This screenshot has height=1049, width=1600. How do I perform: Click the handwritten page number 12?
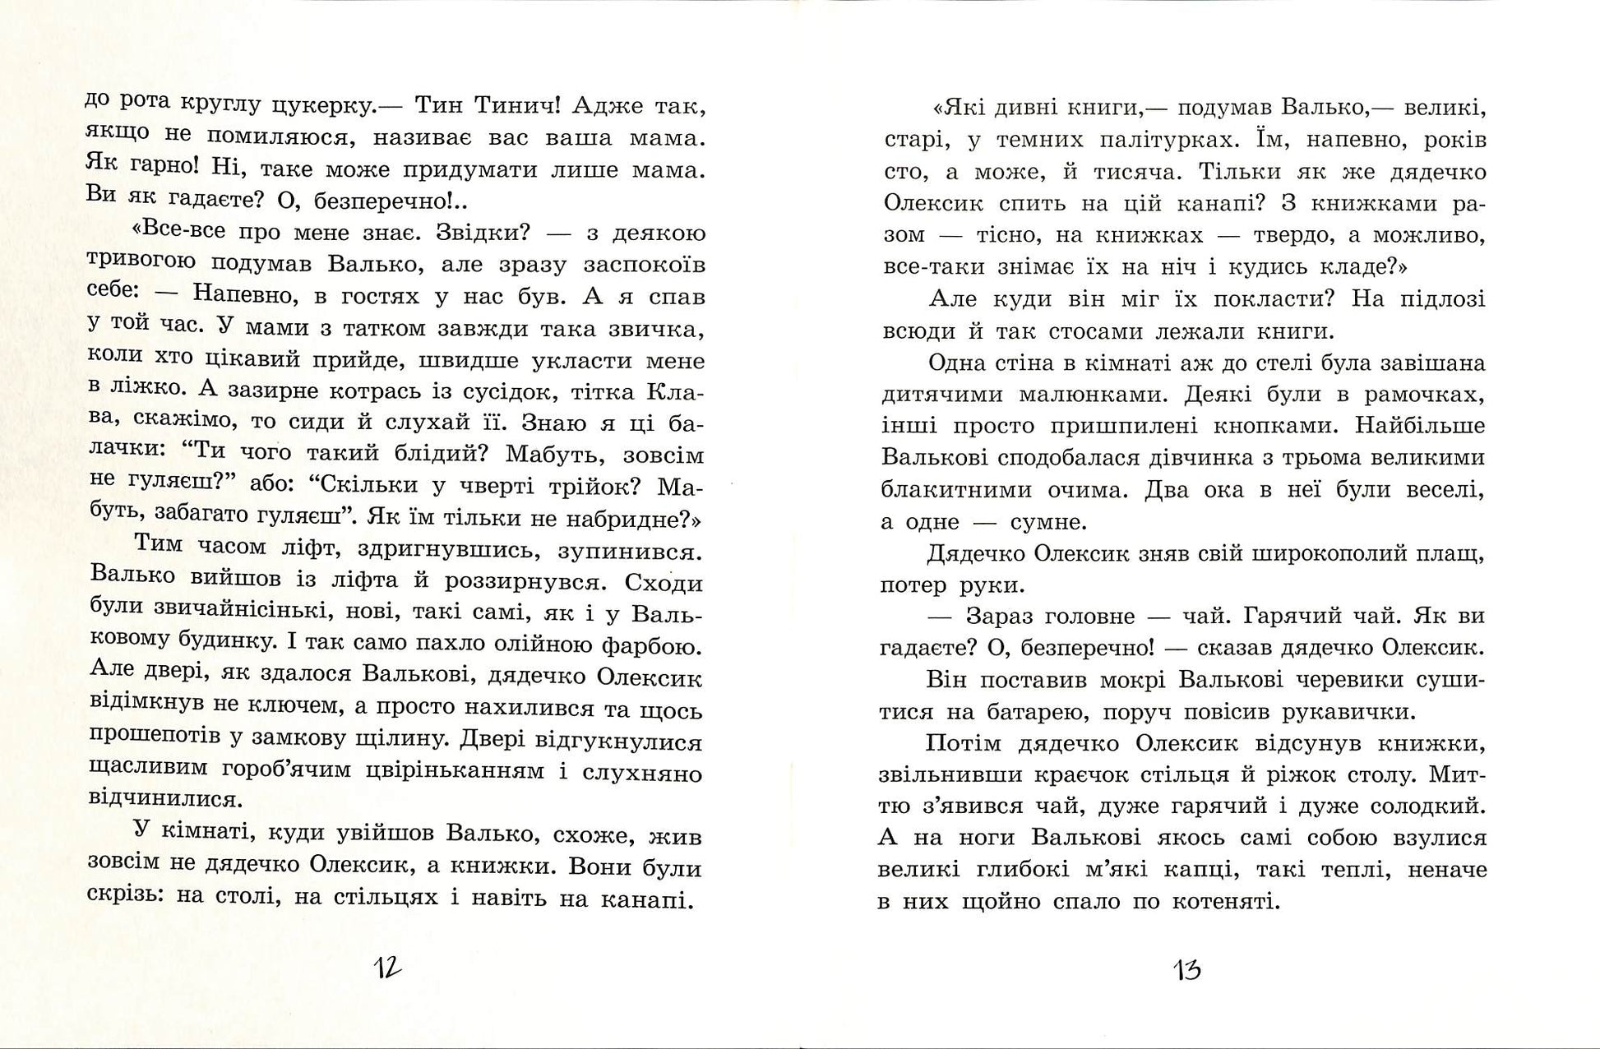click(x=388, y=968)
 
